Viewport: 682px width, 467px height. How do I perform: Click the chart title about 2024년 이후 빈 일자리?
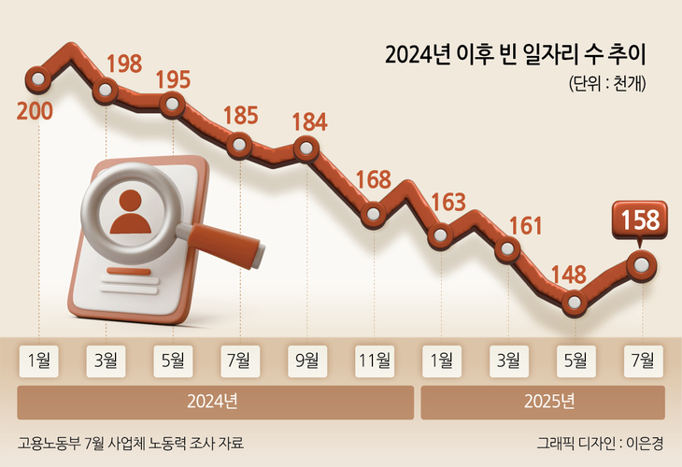[x=516, y=54]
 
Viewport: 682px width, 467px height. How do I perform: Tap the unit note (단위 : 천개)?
[x=607, y=83]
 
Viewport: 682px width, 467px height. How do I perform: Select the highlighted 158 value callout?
[x=640, y=220]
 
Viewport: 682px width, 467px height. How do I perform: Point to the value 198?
[x=123, y=64]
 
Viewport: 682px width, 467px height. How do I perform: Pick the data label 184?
[x=308, y=121]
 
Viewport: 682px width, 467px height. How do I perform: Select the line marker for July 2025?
[x=641, y=265]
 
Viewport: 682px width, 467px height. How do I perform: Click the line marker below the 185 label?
[x=240, y=145]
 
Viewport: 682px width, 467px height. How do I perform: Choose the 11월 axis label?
[x=374, y=359]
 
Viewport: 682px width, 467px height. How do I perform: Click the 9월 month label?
[x=307, y=359]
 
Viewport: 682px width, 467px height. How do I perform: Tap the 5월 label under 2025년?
[x=575, y=359]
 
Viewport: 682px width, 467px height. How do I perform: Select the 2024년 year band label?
[x=214, y=403]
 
